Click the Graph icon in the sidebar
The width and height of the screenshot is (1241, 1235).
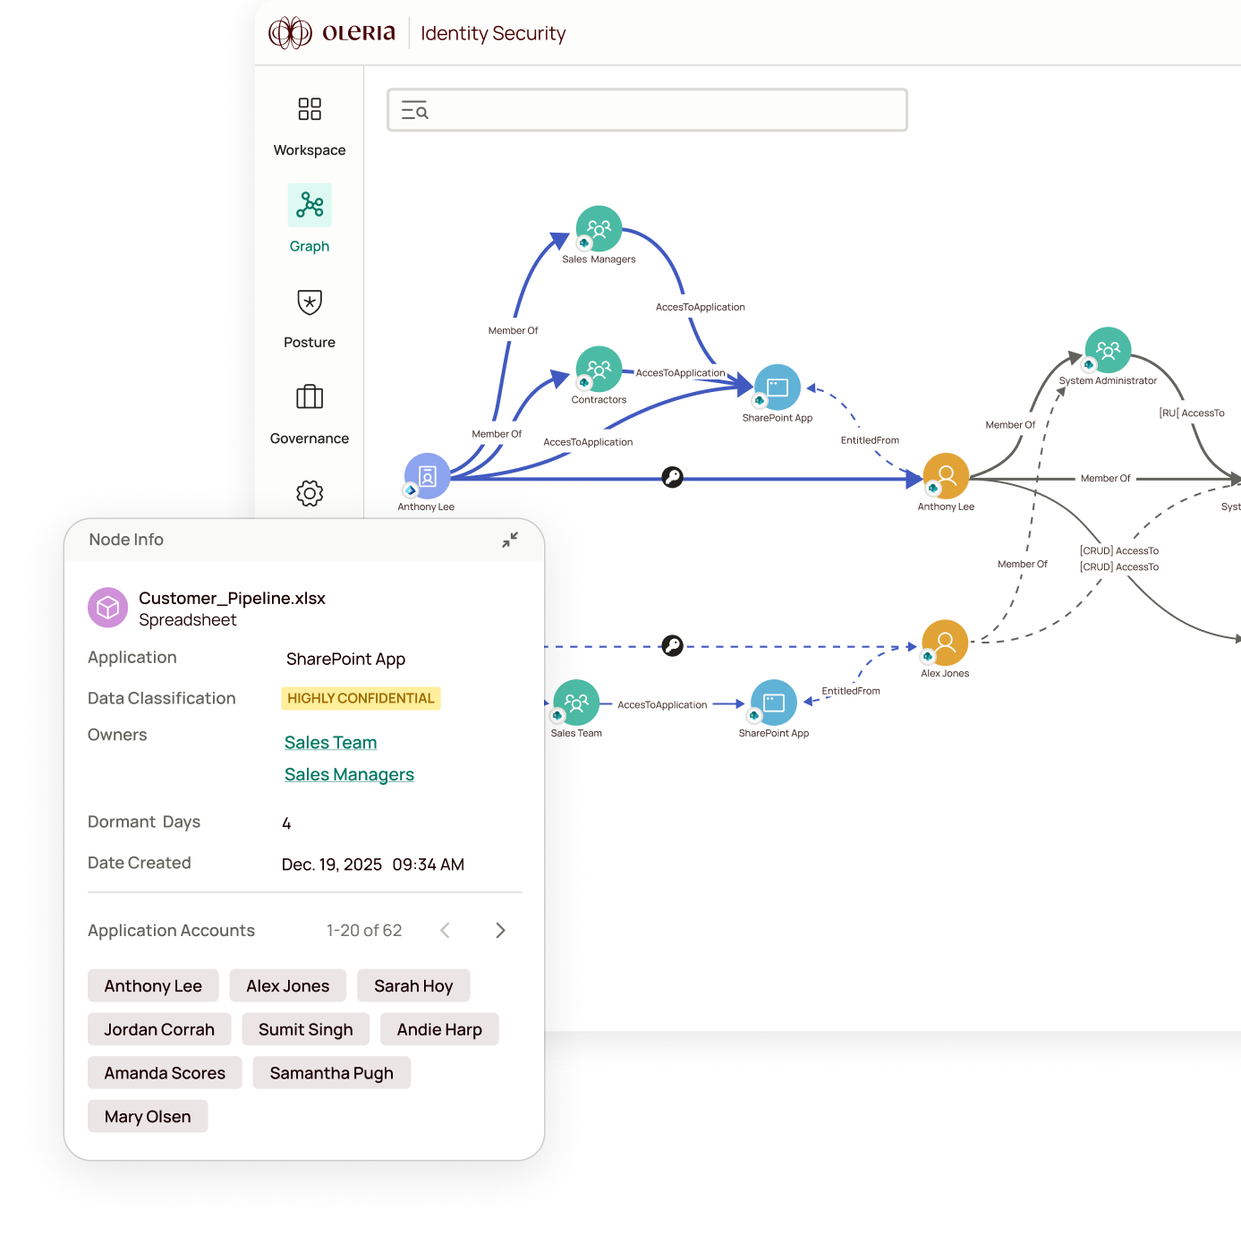310,205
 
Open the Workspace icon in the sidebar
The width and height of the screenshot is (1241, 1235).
310,109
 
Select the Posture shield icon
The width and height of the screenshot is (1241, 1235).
310,302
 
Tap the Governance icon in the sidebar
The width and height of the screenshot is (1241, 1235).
310,396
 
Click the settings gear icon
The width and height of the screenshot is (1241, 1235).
310,493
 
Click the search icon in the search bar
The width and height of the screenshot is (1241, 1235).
415,111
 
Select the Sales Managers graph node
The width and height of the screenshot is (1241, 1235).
599,229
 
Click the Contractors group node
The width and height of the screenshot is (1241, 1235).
599,369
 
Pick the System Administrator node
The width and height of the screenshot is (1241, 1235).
1108,350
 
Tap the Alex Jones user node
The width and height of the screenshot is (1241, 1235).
945,643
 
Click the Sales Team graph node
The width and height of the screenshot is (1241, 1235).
576,703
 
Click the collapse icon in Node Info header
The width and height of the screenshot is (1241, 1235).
510,540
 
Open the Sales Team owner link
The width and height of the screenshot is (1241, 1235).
330,743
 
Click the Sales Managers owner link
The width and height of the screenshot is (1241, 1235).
349,775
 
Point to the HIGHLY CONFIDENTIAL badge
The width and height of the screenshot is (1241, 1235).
361,698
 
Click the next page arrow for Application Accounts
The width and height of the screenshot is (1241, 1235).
500,931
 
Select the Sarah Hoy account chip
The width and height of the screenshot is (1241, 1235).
413,986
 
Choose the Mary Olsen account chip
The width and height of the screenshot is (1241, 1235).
148,1117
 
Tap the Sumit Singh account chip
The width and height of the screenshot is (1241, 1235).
305,1030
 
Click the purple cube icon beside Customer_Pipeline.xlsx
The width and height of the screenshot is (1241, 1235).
108,609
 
